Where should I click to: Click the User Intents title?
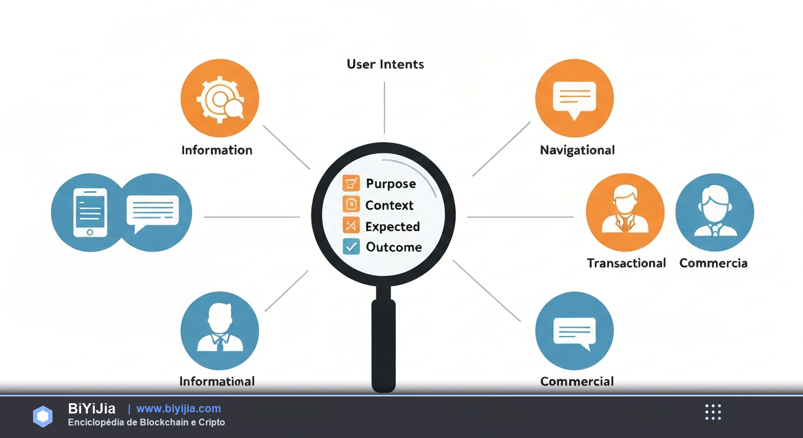tap(385, 64)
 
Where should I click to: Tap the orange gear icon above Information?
tap(220, 98)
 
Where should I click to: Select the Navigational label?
tap(577, 150)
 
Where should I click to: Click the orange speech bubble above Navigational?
tap(574, 98)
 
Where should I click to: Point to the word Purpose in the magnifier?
tap(391, 184)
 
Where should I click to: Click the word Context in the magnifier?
tap(390, 205)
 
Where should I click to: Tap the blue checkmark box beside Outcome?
tap(351, 246)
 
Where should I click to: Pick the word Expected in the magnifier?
tap(392, 226)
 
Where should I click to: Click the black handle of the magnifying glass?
tap(383, 344)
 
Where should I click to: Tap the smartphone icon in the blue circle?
tap(90, 213)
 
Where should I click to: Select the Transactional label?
tap(626, 263)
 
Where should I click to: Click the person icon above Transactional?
tap(625, 212)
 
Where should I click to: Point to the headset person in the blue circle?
tap(715, 212)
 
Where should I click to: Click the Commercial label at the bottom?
tap(577, 382)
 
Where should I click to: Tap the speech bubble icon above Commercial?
tap(574, 330)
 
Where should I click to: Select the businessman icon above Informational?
tap(220, 330)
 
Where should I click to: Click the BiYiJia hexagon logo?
tap(43, 416)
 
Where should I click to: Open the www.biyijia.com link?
tap(179, 408)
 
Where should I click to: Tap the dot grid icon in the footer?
tap(713, 412)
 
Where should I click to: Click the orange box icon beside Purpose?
tap(351, 184)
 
